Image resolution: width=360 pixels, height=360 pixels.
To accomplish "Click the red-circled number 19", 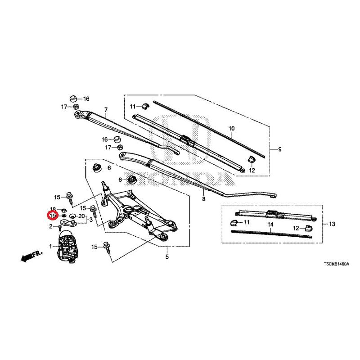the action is [53, 216].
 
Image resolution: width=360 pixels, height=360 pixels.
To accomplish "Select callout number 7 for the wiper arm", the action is [106, 110].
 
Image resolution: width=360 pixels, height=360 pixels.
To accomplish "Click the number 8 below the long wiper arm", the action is [204, 199].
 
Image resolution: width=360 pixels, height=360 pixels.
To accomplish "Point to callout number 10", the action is [232, 128].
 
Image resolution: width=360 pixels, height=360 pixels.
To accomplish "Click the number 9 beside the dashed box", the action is [279, 149].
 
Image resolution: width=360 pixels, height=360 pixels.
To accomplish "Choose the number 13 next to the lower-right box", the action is [332, 224].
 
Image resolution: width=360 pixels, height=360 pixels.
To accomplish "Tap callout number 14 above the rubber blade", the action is [270, 224].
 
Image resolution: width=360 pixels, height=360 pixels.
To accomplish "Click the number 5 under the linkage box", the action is [167, 256].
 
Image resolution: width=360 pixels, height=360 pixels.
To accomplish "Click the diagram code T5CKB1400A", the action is [336, 264].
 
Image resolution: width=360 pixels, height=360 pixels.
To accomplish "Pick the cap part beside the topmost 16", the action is [73, 99].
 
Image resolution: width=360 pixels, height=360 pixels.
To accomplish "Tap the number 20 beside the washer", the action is [81, 216].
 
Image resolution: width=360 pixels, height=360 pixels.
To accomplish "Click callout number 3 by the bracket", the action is [91, 220].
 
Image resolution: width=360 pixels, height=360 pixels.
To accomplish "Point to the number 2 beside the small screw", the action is [51, 227].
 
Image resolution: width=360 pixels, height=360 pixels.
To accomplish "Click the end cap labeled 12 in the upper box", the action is [252, 159].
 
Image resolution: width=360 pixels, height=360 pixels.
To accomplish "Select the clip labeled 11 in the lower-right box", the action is [234, 222].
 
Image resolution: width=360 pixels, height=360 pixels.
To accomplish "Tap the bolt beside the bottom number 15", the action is [107, 247].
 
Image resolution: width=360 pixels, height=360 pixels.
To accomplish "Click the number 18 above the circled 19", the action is [53, 209].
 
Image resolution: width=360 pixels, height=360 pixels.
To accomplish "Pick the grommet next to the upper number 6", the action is [97, 168].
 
